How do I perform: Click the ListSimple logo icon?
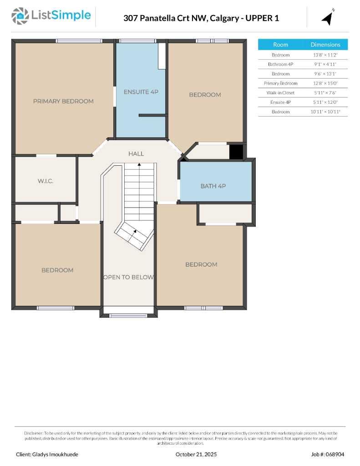click(x=19, y=16)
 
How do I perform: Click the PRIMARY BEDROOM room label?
click(x=63, y=101)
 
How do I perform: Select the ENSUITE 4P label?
click(x=141, y=92)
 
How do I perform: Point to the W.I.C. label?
click(x=46, y=181)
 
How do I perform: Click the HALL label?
click(x=136, y=154)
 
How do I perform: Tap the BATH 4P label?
click(x=213, y=186)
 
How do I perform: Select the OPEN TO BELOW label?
click(x=129, y=277)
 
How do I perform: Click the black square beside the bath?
click(x=236, y=152)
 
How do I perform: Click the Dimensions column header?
click(x=325, y=45)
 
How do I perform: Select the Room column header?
click(x=280, y=45)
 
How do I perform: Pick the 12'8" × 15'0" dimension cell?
click(x=325, y=83)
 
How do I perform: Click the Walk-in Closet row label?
click(x=280, y=93)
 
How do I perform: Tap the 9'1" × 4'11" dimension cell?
click(x=325, y=64)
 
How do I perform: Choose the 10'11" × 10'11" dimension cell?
click(x=325, y=112)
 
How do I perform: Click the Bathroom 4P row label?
click(x=280, y=64)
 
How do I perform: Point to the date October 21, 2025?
click(x=196, y=454)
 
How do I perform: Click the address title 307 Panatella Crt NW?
click(x=165, y=18)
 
